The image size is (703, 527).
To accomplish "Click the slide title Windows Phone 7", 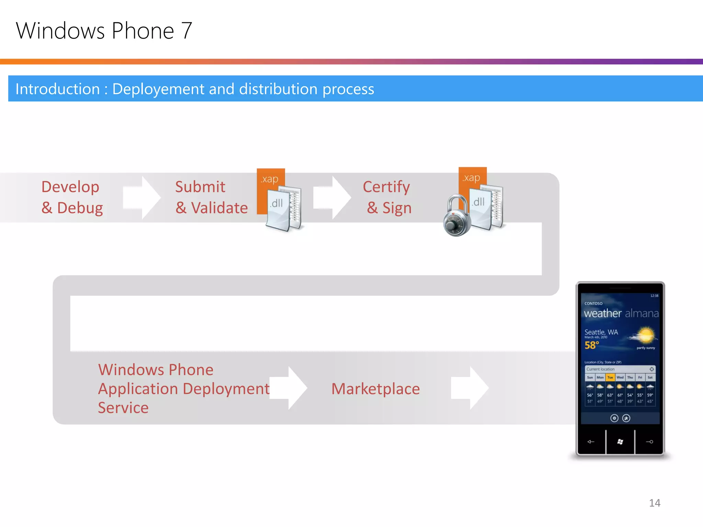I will tap(104, 31).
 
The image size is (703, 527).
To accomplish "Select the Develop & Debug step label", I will tap(71, 197).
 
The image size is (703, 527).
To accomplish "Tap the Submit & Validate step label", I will tap(211, 197).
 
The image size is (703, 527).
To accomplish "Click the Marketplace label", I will tap(376, 389).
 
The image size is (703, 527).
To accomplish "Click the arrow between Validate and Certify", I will tap(332, 197).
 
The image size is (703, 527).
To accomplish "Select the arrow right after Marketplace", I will tap(469, 388).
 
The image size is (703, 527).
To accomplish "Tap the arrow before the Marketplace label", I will tap(288, 388).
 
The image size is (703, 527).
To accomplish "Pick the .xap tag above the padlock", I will tap(472, 178).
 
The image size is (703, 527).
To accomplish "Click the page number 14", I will tap(655, 503).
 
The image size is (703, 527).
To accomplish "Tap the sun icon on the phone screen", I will tap(645, 335).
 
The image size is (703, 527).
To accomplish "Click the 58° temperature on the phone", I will tap(592, 345).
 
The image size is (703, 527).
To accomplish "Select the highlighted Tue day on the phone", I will tap(610, 377).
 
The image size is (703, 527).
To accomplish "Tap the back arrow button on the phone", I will tap(591, 442).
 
